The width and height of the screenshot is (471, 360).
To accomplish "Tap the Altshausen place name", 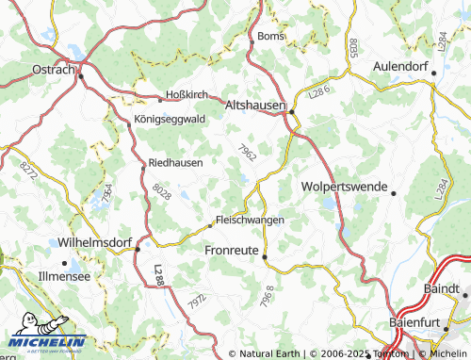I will pos(254,106).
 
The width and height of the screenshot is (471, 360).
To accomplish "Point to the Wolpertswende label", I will pos(344,187).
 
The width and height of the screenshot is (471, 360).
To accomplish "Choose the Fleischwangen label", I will pos(251,220).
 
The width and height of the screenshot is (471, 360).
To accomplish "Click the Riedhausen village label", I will pos(176,162).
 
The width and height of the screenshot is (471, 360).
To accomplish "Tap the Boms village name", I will pos(268,37).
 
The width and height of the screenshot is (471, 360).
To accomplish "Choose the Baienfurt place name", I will pos(423,322).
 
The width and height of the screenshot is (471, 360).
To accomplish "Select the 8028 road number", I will pos(161,192).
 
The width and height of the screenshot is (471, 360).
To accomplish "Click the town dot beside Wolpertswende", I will pos(393,192).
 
